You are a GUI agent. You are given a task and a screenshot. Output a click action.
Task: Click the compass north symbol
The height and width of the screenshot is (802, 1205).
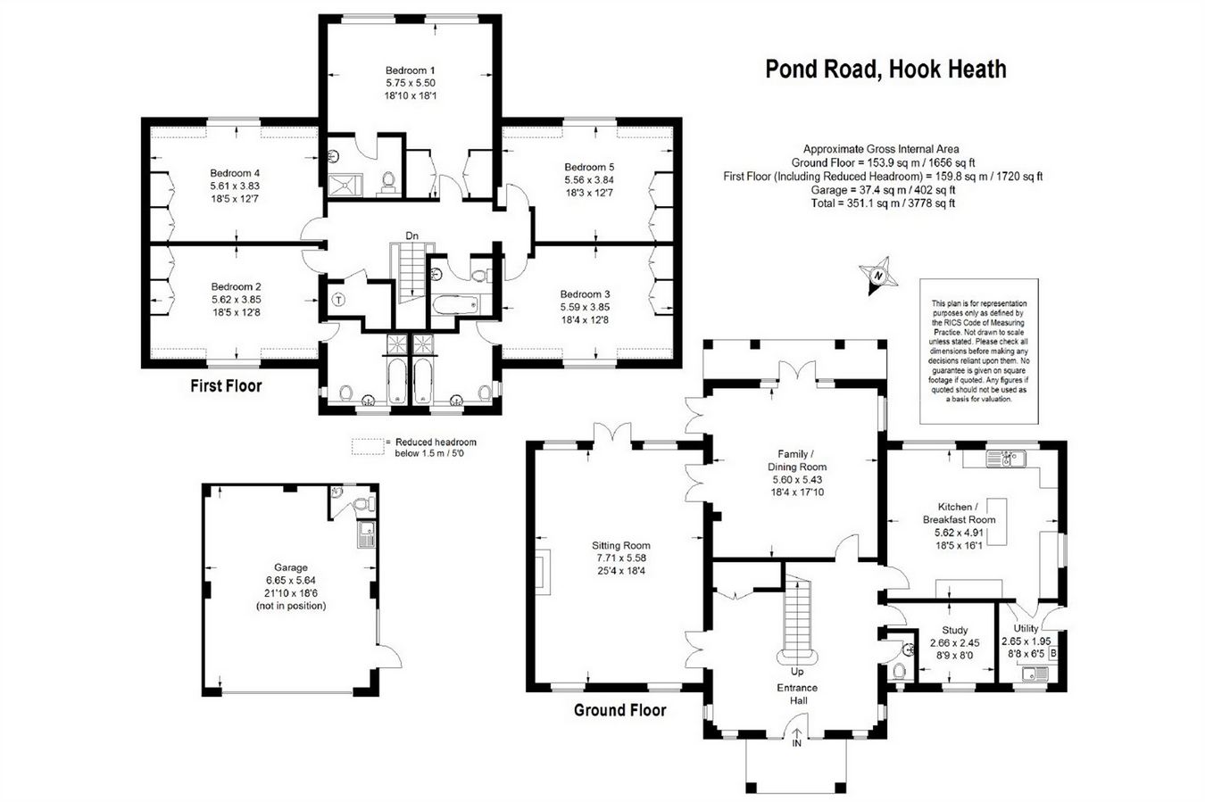pos(878,276)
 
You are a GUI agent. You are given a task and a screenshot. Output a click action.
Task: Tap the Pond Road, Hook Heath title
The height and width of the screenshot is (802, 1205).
pos(885,70)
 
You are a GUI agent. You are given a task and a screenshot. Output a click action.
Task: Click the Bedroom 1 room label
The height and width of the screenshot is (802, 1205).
pos(410,70)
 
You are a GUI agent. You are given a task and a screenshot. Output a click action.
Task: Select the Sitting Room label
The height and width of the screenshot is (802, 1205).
pos(620,545)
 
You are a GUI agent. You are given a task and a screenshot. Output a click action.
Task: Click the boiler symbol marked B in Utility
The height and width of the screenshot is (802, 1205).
pos(1053,653)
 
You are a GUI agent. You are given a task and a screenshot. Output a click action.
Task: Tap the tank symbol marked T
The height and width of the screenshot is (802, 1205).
pos(338,300)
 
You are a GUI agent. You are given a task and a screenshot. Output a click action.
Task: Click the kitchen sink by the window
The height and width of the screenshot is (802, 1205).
pos(1005,459)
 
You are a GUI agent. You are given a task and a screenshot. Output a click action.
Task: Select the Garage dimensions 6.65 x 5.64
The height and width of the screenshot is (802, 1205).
pos(290,580)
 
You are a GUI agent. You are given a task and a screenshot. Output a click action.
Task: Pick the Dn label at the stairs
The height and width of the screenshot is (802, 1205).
pos(411,236)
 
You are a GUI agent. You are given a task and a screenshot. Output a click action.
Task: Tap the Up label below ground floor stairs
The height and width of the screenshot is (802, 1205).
pos(797,672)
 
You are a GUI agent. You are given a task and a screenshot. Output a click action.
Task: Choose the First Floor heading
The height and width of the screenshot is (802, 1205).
pos(226,386)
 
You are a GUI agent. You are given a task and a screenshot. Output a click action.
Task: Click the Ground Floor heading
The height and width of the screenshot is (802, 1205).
pos(619,710)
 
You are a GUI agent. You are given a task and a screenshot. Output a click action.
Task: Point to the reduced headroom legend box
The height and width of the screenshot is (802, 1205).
pos(368,447)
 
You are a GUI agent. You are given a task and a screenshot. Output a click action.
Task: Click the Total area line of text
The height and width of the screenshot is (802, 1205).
pos(883,203)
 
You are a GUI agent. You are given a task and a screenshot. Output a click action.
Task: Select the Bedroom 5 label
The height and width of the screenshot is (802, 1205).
pos(589,167)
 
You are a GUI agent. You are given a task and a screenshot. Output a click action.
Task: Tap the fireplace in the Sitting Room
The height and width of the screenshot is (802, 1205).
pos(543,572)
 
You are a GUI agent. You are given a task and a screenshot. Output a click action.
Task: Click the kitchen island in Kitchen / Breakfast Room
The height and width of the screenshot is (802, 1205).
pos(996,522)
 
